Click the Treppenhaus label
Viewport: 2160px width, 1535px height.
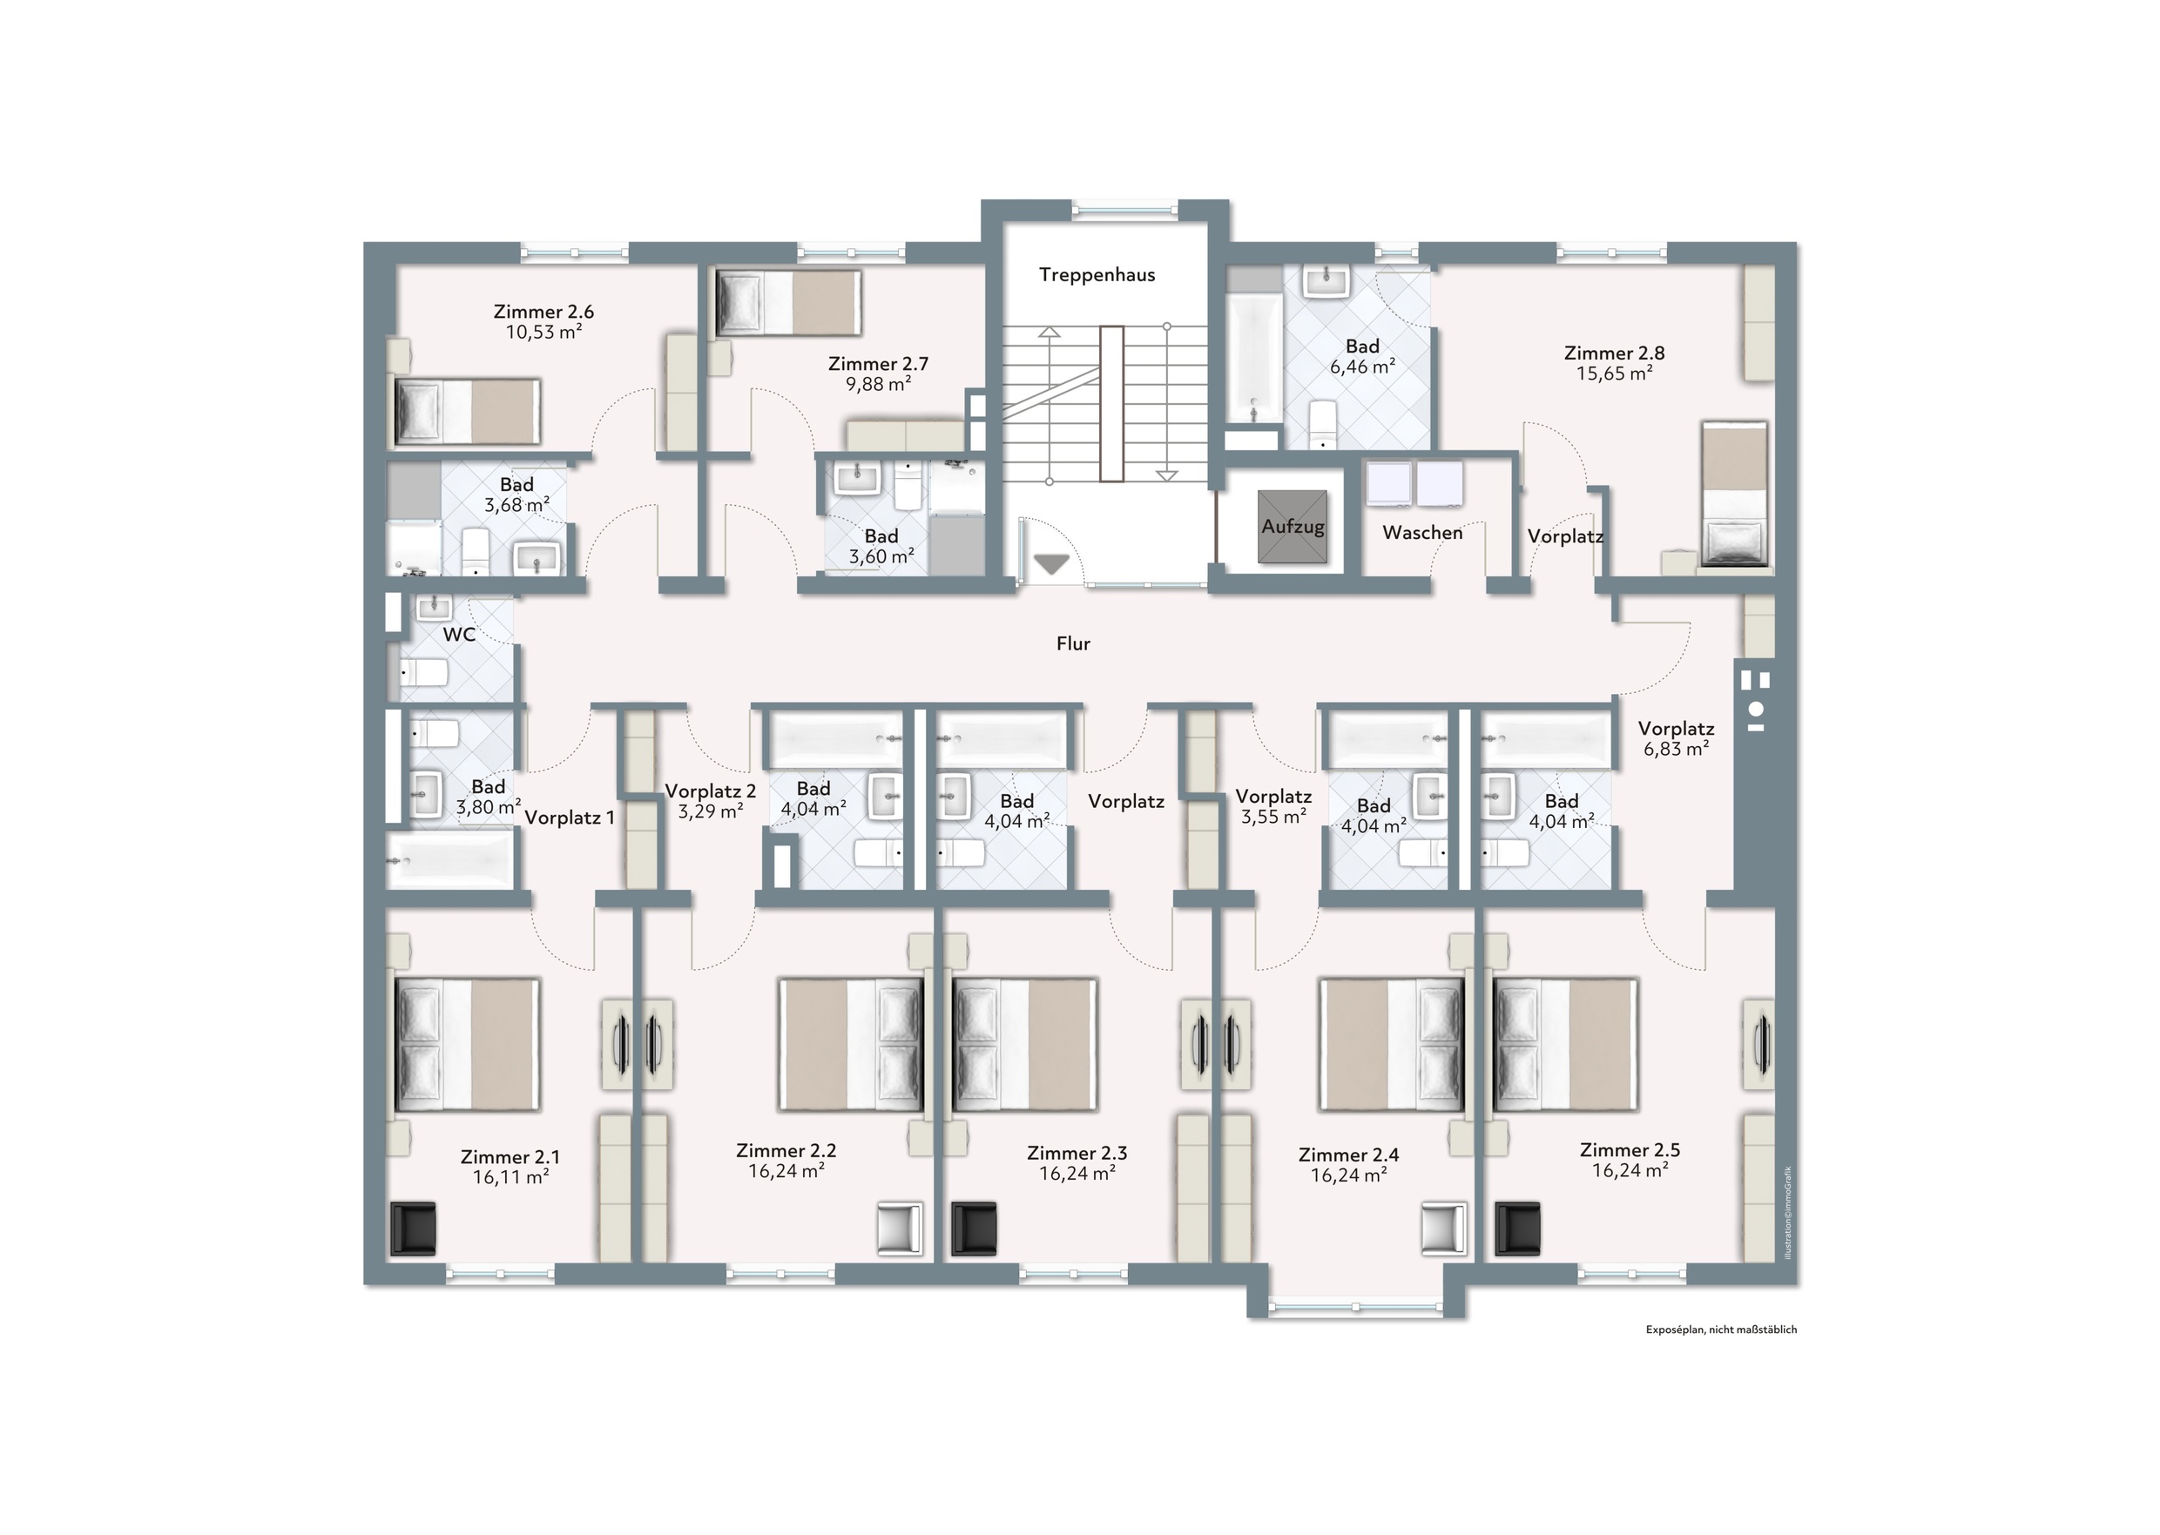pyautogui.click(x=1097, y=275)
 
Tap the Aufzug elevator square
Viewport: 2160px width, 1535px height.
pyautogui.click(x=1293, y=527)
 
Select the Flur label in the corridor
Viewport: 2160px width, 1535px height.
pyautogui.click(x=1073, y=643)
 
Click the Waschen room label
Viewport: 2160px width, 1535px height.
pyautogui.click(x=1421, y=533)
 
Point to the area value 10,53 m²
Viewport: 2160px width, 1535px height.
pyautogui.click(x=543, y=332)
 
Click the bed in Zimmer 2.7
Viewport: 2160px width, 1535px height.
pyautogui.click(x=789, y=302)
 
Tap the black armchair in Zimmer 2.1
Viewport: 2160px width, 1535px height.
pyautogui.click(x=414, y=1229)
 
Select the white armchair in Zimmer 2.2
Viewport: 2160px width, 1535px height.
pyautogui.click(x=900, y=1229)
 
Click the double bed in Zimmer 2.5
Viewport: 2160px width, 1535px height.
pyautogui.click(x=1564, y=1045)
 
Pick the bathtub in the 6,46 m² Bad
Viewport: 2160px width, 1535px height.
pyautogui.click(x=1253, y=357)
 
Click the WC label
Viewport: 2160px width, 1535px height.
pyautogui.click(x=459, y=634)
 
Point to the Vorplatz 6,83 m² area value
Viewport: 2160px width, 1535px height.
pyautogui.click(x=1676, y=750)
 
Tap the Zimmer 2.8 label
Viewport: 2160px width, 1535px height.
pyautogui.click(x=1614, y=353)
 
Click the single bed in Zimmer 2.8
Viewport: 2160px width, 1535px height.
pyautogui.click(x=1735, y=495)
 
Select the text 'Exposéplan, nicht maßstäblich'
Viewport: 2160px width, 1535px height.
pyautogui.click(x=1721, y=1330)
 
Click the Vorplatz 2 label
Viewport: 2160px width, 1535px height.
pyautogui.click(x=711, y=791)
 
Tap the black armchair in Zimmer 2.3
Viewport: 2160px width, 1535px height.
pyautogui.click(x=974, y=1229)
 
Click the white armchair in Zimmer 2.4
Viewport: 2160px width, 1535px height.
pyautogui.click(x=1444, y=1229)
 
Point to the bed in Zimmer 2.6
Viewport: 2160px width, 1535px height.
pyautogui.click(x=468, y=411)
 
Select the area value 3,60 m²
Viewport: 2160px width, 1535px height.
pyautogui.click(x=881, y=556)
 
